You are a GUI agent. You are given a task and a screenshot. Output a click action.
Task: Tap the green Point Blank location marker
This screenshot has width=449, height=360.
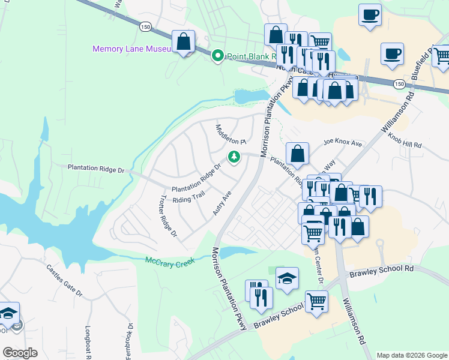217,56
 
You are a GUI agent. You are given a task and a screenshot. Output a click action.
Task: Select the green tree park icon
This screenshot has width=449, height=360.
234,157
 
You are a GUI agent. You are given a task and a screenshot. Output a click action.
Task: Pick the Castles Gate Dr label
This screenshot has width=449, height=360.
64,281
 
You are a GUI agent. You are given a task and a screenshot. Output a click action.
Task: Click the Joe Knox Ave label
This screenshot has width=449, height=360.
343,143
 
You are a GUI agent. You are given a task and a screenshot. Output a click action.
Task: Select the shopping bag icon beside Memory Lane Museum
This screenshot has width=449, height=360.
184,43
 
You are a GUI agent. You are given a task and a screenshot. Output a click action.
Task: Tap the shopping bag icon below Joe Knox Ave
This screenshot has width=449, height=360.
297,154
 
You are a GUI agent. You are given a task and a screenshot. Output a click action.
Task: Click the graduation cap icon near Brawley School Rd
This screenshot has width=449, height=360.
288,278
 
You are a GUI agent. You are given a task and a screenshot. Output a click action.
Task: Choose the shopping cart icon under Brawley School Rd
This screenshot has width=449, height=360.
316,301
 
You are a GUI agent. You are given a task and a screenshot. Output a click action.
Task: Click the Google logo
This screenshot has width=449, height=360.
19,353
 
